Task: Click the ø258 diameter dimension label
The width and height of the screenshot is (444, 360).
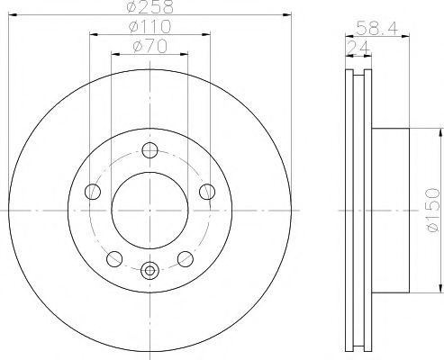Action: coord(150,6)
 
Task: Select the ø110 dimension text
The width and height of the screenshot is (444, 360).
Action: coord(150,27)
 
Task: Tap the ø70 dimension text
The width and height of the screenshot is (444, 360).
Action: coord(150,47)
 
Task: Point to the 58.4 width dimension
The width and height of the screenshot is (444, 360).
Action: coord(377,29)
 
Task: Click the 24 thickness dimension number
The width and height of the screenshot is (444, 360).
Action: coord(358,48)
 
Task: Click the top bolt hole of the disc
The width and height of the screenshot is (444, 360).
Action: coord(150,150)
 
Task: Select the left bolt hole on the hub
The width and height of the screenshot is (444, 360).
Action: coord(93,192)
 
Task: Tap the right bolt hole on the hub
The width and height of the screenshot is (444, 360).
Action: coord(207,192)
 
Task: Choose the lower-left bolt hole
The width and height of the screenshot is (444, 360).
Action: coord(114,259)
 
